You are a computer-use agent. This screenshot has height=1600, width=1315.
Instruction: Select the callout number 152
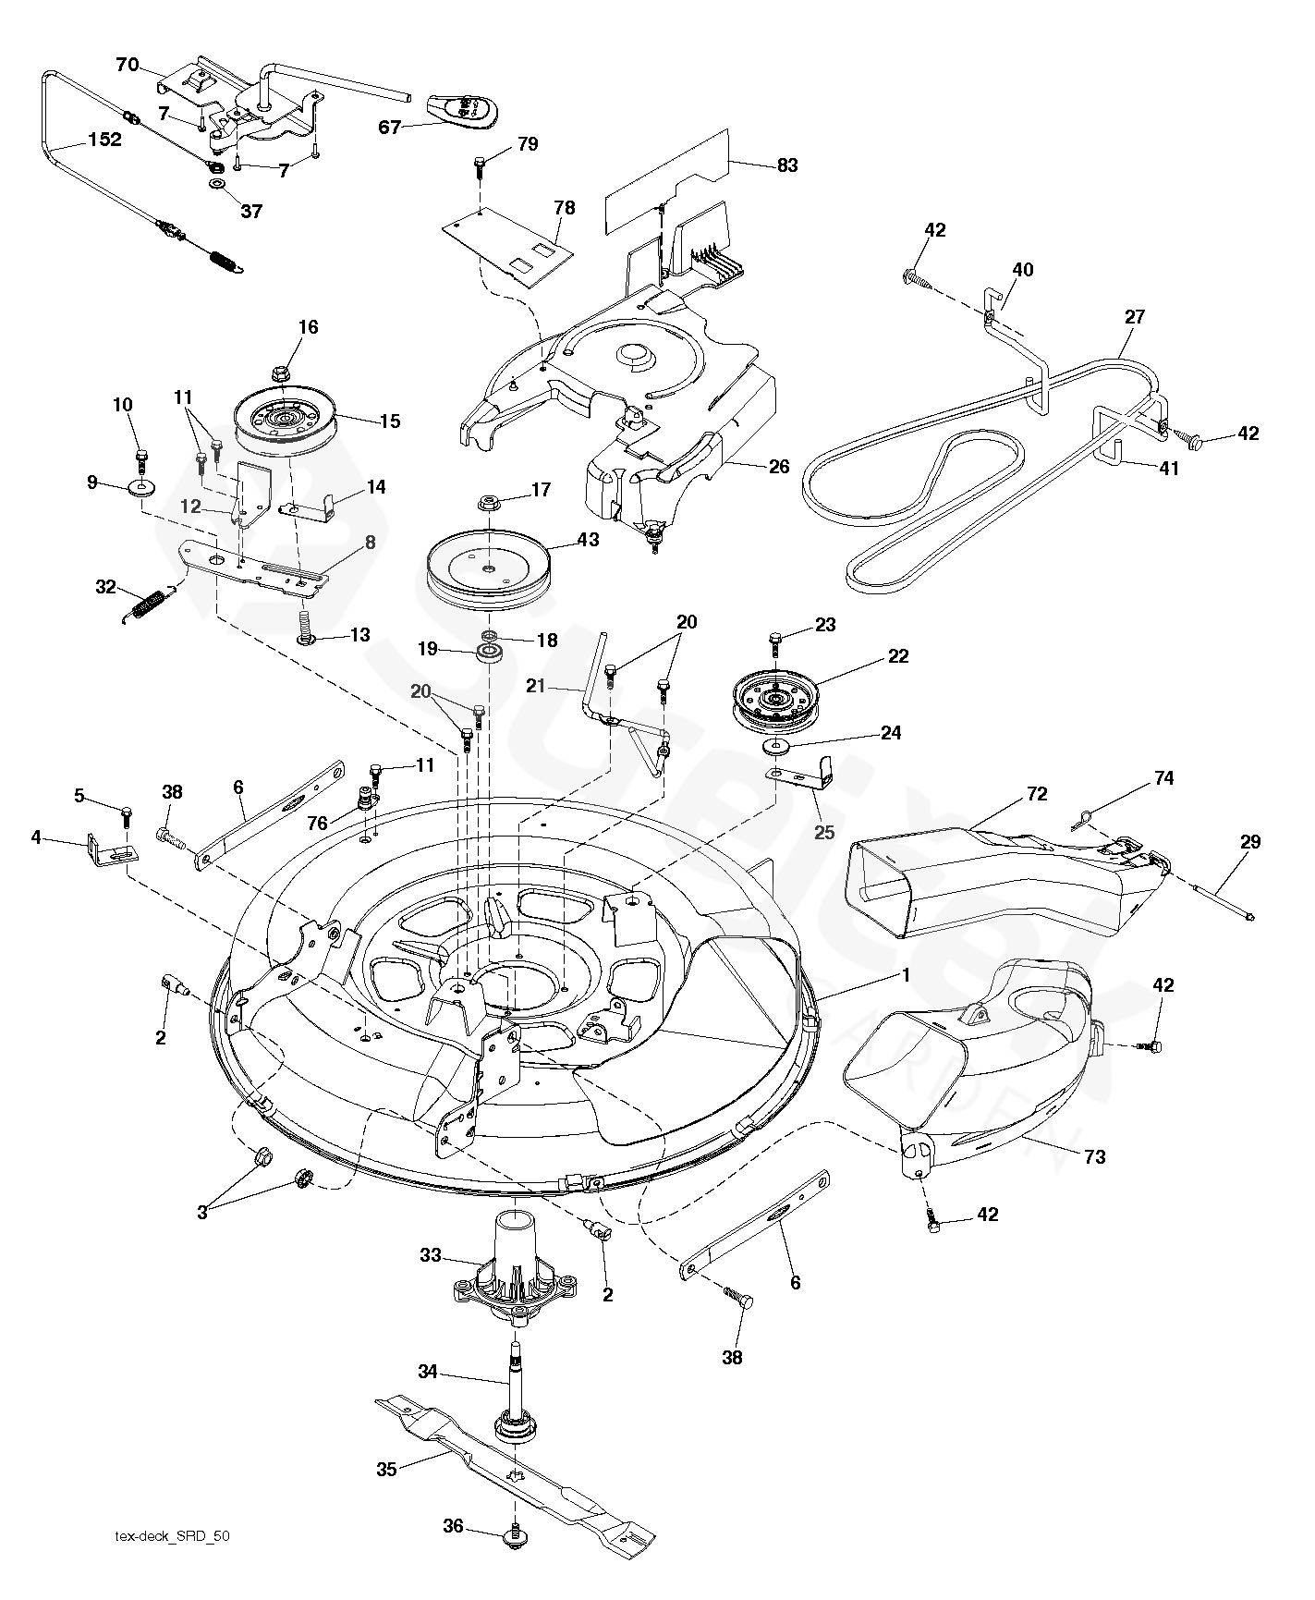(x=104, y=140)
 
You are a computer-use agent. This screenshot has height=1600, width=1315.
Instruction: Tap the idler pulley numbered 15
(x=286, y=421)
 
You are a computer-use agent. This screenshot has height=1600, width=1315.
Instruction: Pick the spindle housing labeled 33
(x=516, y=1276)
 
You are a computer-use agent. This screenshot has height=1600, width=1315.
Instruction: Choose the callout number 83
(x=787, y=165)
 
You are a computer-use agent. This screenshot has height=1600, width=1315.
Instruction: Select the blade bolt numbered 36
(x=512, y=1536)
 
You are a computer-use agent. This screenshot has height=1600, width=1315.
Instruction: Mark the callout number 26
(x=779, y=467)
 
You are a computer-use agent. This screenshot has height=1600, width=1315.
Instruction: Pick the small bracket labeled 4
(x=110, y=847)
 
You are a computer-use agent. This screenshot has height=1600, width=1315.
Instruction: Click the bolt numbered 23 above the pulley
(x=775, y=640)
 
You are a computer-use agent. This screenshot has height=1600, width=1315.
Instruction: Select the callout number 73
(x=1094, y=1156)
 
